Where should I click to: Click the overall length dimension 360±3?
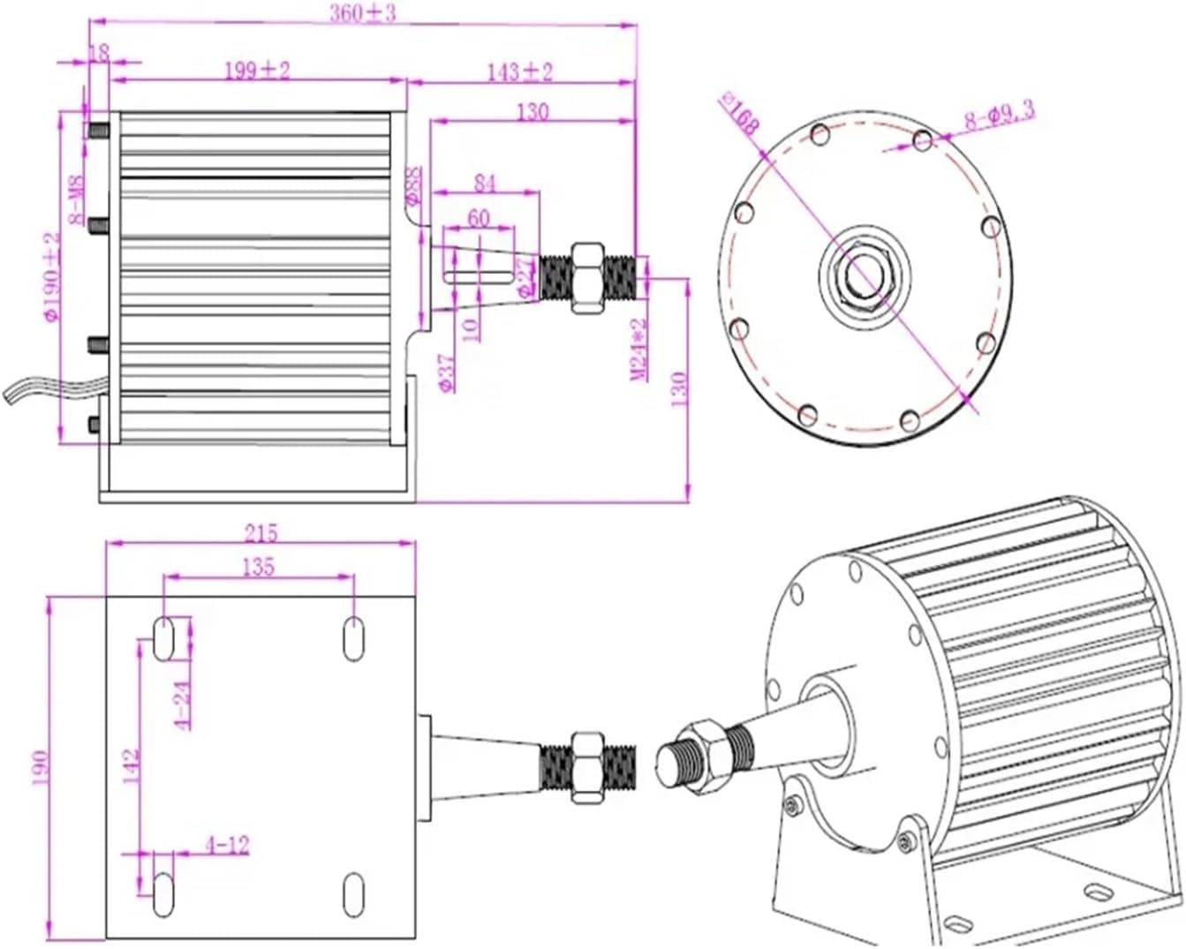363,14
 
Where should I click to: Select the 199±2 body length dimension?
256,71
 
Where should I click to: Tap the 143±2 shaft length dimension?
519,72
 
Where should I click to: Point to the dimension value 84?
485,183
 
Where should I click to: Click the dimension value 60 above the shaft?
478,217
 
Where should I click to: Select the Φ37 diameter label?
447,373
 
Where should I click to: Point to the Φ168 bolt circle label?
740,112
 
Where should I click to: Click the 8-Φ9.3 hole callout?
999,116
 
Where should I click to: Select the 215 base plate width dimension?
261,532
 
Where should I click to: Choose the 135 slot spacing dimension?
257,566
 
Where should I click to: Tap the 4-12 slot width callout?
227,845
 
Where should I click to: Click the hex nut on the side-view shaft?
587,278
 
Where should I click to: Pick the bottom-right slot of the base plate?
353,895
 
